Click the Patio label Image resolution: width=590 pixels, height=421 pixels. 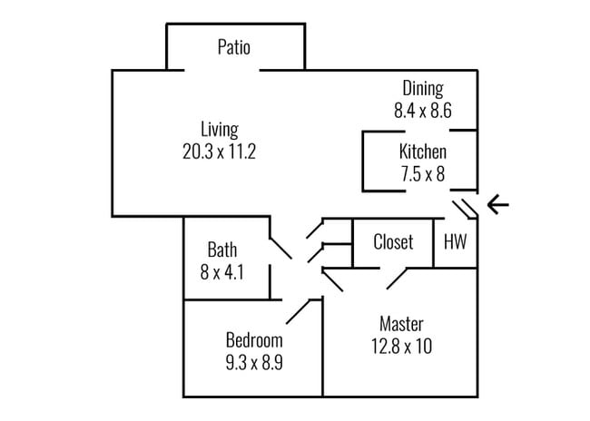pyautogui.click(x=233, y=47)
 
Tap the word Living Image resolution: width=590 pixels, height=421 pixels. pyautogui.click(x=219, y=129)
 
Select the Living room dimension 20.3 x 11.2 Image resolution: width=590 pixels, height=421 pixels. pyautogui.click(x=219, y=152)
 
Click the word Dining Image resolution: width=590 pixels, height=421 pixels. pyautogui.click(x=423, y=89)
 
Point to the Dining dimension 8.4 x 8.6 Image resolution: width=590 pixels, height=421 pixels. pyautogui.click(x=422, y=112)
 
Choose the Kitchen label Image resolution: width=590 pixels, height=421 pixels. pyautogui.click(x=422, y=152)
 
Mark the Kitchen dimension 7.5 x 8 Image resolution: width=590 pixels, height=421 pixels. pyautogui.click(x=422, y=174)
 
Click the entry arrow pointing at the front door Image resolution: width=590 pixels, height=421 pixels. pyautogui.click(x=498, y=205)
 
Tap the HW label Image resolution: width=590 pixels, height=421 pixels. pyautogui.click(x=454, y=242)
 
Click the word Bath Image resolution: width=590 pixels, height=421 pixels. pyautogui.click(x=221, y=249)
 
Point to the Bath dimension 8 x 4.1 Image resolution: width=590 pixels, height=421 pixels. pyautogui.click(x=221, y=270)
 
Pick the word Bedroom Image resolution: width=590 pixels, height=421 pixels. pyautogui.click(x=254, y=341)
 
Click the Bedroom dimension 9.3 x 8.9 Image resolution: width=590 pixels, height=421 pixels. pyautogui.click(x=254, y=363)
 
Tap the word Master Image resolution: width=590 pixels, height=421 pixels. pyautogui.click(x=401, y=324)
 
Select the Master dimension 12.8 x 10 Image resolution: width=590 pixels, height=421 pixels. pyautogui.click(x=401, y=346)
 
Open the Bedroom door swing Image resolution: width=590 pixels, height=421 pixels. pyautogui.click(x=300, y=311)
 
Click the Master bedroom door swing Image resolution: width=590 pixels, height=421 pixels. pyautogui.click(x=397, y=279)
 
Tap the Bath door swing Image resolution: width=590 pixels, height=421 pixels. pyautogui.click(x=280, y=248)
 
